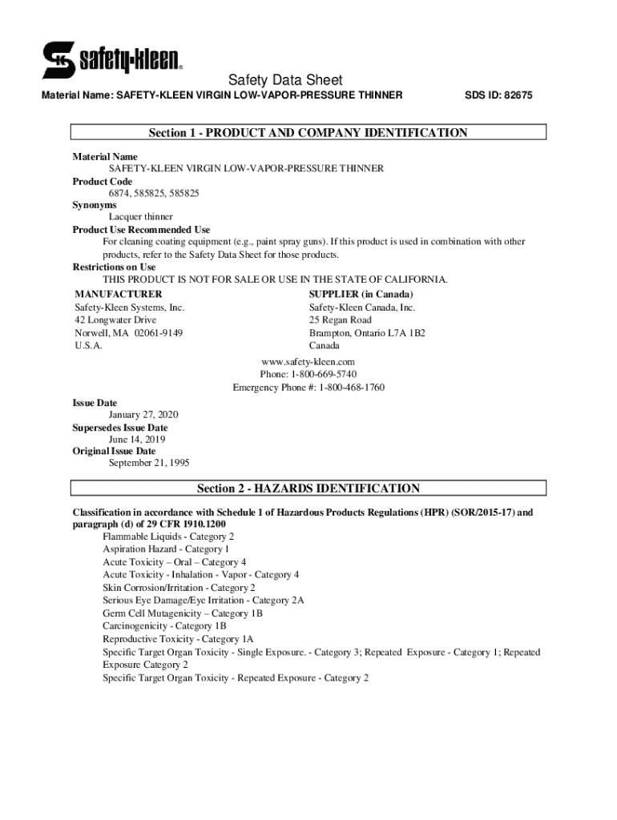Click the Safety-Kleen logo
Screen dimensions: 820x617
112,59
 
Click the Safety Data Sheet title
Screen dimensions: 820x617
285,80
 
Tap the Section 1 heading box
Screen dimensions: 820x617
308,133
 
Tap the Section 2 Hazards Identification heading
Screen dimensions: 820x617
308,488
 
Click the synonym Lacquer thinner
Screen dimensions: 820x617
141,217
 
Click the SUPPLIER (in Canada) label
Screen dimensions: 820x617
361,294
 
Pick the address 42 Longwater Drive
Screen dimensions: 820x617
115,320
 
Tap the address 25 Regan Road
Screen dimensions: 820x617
341,320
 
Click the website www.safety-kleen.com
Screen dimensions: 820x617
308,362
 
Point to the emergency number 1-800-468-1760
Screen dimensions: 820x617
352,388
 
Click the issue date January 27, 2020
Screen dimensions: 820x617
143,415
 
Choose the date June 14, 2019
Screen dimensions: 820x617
138,439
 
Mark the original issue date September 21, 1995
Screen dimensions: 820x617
149,463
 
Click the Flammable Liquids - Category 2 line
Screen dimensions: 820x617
168,537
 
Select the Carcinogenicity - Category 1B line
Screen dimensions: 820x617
164,626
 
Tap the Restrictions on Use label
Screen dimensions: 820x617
115,267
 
